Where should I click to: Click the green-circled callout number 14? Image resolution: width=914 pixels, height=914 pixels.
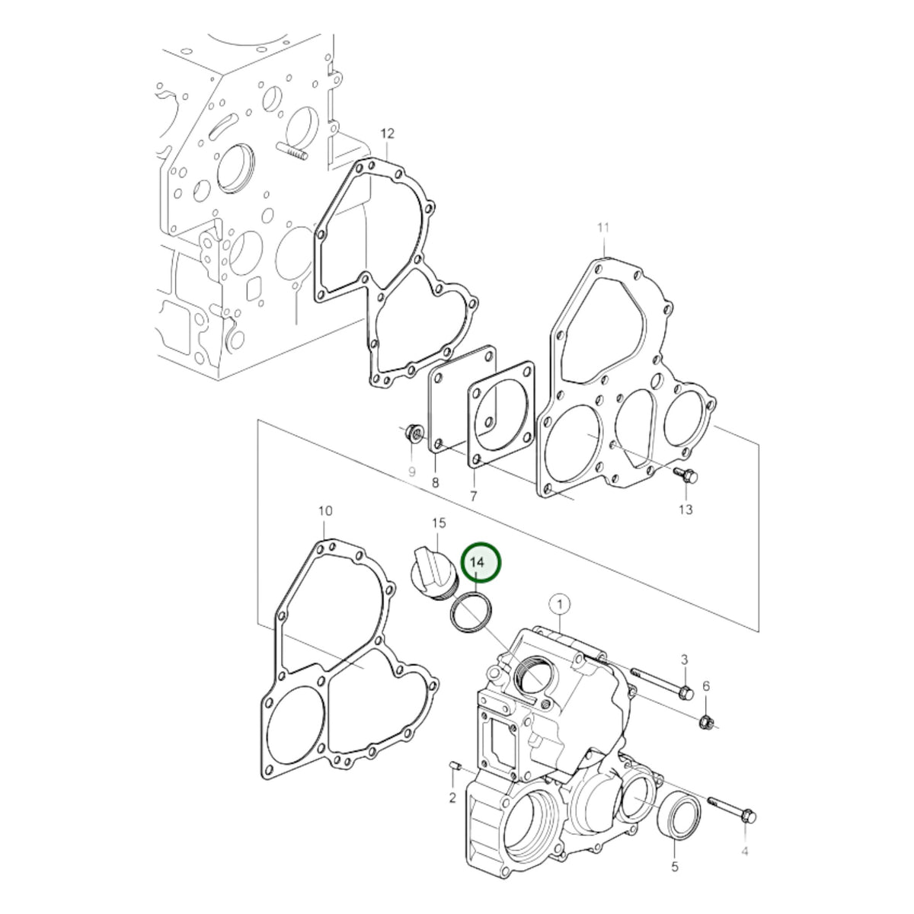click(x=476, y=563)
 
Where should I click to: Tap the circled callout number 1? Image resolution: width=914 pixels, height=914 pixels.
click(x=561, y=604)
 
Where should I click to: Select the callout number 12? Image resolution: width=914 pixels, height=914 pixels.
click(x=387, y=134)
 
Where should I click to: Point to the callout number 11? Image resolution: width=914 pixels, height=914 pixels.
click(x=602, y=228)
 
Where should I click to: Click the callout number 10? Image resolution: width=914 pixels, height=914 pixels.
click(x=325, y=511)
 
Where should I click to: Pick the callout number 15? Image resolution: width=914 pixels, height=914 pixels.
click(x=439, y=523)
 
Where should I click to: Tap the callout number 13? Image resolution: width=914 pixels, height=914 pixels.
click(x=685, y=510)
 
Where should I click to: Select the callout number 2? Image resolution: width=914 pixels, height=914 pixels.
click(x=452, y=797)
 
